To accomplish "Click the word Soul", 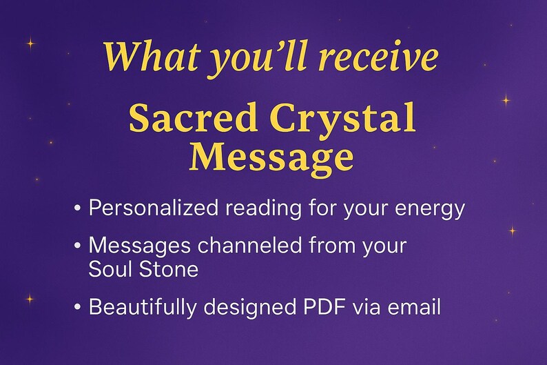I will tap(107, 269).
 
